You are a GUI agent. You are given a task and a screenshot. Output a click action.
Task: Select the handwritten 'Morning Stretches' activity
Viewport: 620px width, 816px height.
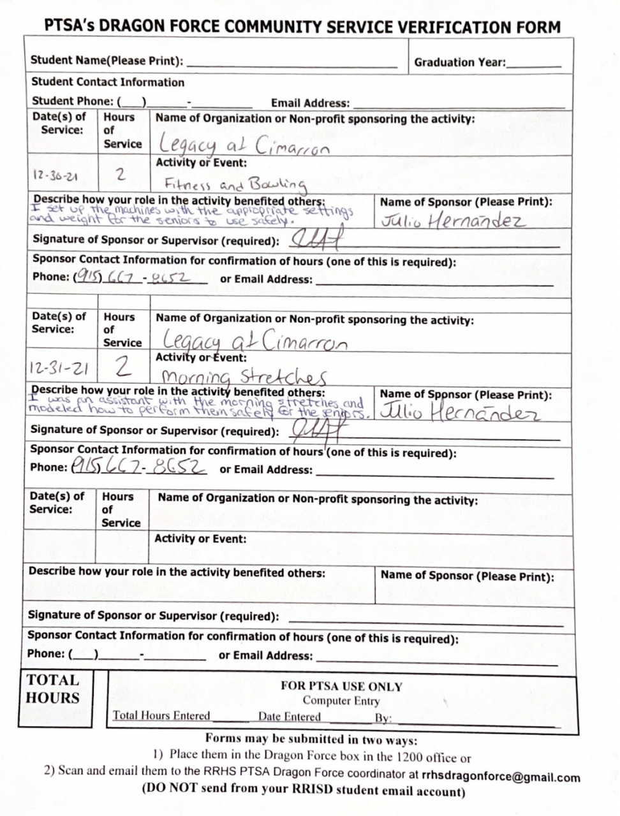click(244, 376)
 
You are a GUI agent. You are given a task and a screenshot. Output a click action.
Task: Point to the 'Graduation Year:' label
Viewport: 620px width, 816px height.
click(459, 62)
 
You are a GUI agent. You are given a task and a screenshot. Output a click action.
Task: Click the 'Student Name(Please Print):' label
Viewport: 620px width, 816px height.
click(107, 61)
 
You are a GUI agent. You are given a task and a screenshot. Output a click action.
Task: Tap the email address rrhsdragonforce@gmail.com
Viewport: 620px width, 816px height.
click(501, 777)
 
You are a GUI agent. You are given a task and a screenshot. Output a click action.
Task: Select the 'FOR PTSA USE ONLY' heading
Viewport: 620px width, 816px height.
click(341, 687)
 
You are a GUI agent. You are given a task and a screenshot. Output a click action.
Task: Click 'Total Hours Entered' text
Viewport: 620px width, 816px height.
click(161, 715)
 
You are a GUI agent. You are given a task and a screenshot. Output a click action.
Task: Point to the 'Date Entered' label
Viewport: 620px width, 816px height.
click(289, 717)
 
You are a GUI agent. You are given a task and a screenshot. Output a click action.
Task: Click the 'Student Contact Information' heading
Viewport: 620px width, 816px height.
click(107, 82)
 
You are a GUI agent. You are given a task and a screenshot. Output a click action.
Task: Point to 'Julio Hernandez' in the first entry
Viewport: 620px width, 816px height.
click(453, 221)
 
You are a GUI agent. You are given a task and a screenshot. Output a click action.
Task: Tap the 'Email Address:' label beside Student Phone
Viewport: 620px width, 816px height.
click(310, 103)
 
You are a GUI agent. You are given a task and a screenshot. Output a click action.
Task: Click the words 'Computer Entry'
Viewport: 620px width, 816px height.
click(341, 701)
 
